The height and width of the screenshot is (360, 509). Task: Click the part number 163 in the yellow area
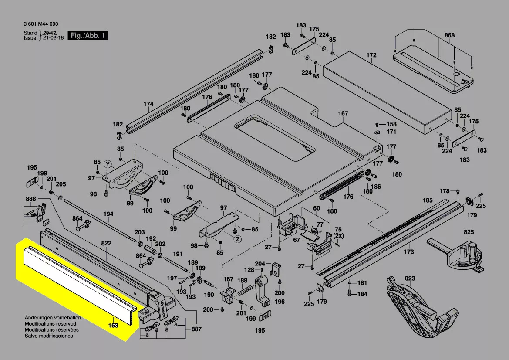113,325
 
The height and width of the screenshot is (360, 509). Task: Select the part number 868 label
449,36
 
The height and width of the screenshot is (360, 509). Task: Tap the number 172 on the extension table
371,55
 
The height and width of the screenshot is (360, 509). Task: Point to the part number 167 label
343,114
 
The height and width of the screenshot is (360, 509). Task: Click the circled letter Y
108,163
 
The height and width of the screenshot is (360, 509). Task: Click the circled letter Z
237,239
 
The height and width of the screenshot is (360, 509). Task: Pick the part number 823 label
410,278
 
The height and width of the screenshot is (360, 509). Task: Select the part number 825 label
468,232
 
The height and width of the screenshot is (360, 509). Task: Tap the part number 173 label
408,252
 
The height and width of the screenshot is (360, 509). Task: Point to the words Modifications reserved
50,324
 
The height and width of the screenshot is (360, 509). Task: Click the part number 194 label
108,214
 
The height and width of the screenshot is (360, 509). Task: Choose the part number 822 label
106,243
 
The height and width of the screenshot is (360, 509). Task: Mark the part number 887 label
196,329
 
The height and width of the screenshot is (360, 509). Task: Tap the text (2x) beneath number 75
338,235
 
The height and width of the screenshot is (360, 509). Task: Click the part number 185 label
428,201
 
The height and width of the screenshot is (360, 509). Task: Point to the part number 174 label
148,104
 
